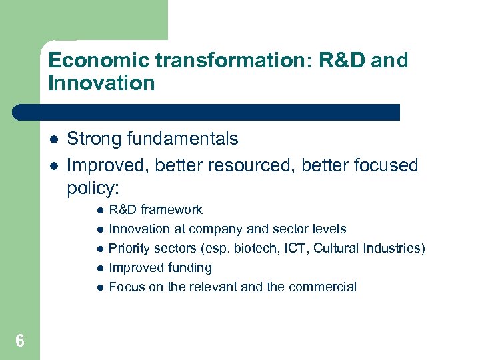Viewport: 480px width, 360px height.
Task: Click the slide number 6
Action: pyautogui.click(x=20, y=341)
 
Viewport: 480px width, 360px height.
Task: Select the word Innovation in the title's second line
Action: pyautogui.click(x=101, y=83)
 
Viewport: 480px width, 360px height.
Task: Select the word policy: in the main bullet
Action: pyautogui.click(x=94, y=188)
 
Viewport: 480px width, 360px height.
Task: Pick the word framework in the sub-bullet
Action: pyautogui.click(x=171, y=209)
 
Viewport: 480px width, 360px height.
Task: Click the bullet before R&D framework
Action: pyautogui.click(x=98, y=210)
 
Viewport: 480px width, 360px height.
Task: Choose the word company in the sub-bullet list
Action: pyautogui.click(x=216, y=229)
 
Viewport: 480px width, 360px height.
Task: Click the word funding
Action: pyautogui.click(x=189, y=267)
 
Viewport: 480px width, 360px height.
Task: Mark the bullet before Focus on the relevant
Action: pyautogui.click(x=98, y=287)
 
